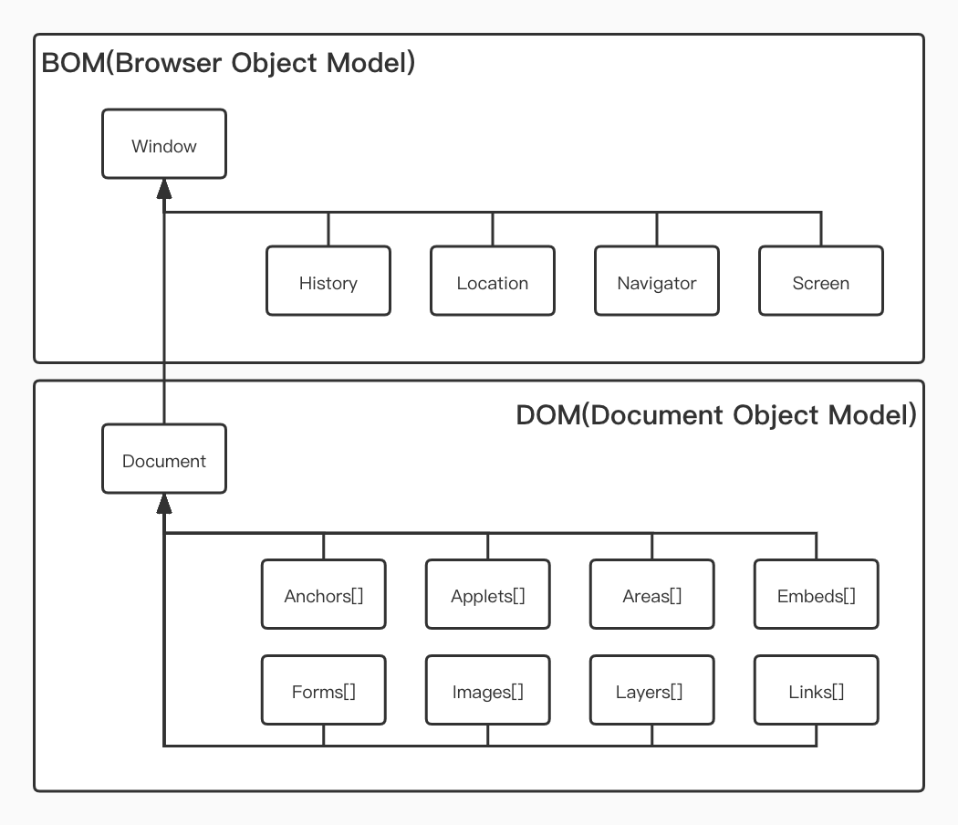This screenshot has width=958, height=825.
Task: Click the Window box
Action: pyautogui.click(x=164, y=144)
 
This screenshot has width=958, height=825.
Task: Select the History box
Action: pyautogui.click(x=328, y=281)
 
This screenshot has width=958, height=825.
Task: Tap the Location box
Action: pyautogui.click(x=493, y=281)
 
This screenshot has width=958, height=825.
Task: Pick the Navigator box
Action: pyautogui.click(x=657, y=281)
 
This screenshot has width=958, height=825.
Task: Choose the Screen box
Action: pyautogui.click(x=821, y=281)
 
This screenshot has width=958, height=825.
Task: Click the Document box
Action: pyautogui.click(x=164, y=459)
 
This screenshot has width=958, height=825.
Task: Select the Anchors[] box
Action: pyautogui.click(x=324, y=595)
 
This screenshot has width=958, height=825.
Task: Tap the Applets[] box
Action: pyautogui.click(x=488, y=595)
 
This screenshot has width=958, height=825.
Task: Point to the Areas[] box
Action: pyautogui.click(x=652, y=595)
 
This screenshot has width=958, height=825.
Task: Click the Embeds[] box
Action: pyautogui.click(x=817, y=595)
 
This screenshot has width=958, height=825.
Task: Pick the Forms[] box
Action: pyautogui.click(x=324, y=691)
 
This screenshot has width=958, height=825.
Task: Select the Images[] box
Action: pyautogui.click(x=488, y=691)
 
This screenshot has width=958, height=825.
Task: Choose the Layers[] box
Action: pyautogui.click(x=652, y=691)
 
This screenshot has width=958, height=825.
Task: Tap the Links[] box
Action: pyautogui.click(x=817, y=691)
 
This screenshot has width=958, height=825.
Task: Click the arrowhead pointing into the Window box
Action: pyautogui.click(x=164, y=188)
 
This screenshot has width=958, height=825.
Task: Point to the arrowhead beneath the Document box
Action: pyautogui.click(x=164, y=503)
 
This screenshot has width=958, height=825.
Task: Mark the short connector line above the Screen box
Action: pyautogui.click(x=821, y=229)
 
